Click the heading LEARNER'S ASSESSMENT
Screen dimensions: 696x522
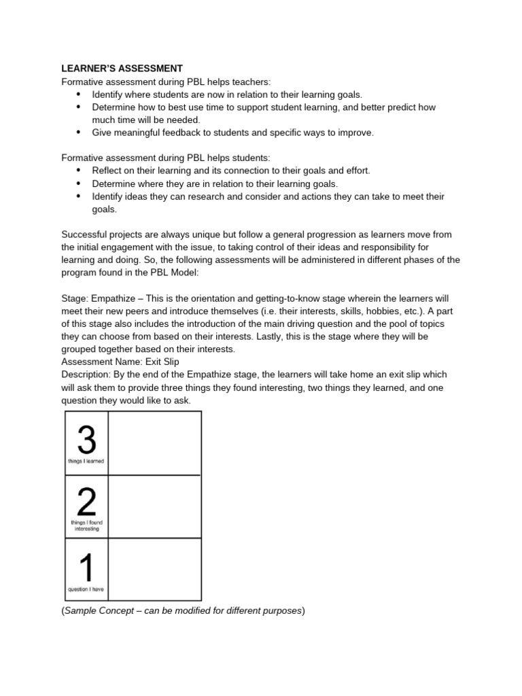click(122, 69)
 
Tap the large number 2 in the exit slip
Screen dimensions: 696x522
click(86, 502)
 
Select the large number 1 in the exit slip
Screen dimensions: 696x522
click(86, 568)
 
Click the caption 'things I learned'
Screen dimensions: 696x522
click(86, 462)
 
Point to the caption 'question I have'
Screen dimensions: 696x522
click(86, 589)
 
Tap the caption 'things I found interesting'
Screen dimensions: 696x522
click(86, 525)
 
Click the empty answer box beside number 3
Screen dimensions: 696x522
click(154, 443)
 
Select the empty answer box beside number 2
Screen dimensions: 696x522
click(154, 507)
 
